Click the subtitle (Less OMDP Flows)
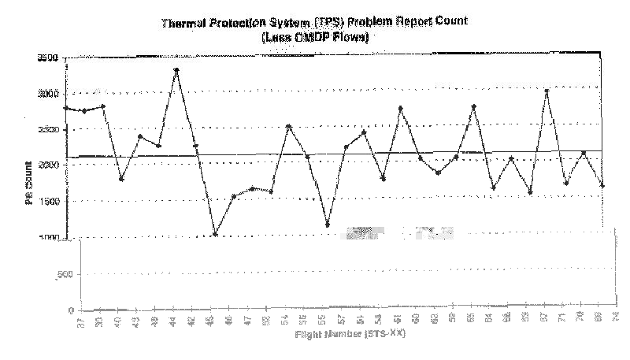click(315, 36)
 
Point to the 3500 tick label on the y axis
click(49, 58)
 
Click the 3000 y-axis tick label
click(49, 94)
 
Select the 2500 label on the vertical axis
click(49, 129)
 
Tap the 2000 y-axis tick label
click(49, 165)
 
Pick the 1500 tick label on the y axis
click(49, 202)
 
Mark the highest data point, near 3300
click(176, 70)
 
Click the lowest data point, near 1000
click(215, 234)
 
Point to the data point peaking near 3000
click(546, 91)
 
